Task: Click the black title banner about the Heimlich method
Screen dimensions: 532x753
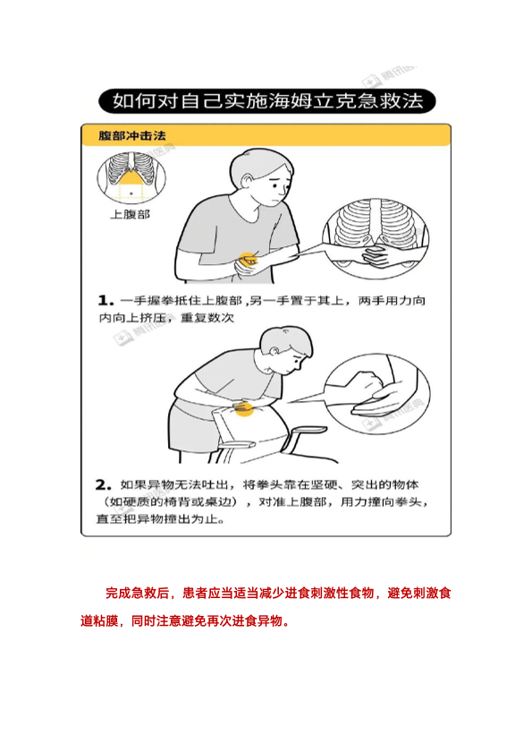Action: coord(267,101)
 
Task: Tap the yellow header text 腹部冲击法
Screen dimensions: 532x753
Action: coord(132,136)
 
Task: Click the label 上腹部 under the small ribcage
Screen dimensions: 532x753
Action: coord(130,214)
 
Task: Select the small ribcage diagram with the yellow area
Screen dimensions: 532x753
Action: coord(131,178)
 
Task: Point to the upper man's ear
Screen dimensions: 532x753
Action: coord(248,182)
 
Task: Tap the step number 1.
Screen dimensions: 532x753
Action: coord(106,301)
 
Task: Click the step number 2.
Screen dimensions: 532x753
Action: coord(104,484)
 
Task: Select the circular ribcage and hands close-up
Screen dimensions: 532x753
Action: coord(376,238)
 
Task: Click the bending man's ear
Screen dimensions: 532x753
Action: coord(274,351)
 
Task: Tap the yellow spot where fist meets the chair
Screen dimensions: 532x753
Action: coord(244,408)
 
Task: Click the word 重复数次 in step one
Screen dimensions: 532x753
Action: coord(207,318)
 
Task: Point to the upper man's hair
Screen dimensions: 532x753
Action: coord(261,164)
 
